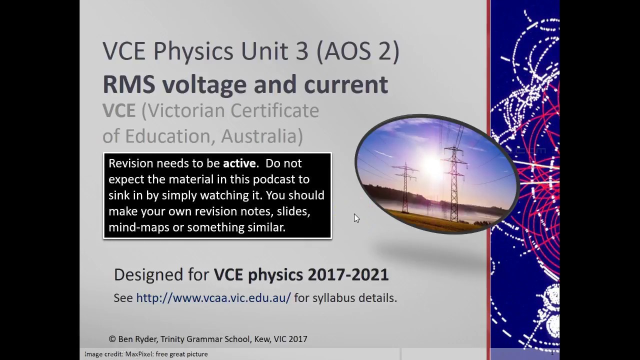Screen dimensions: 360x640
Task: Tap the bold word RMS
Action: [128, 84]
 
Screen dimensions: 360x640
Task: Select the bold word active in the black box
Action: [239, 163]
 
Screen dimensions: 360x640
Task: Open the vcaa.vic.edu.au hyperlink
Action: [213, 298]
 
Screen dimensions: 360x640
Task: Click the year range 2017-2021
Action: [348, 274]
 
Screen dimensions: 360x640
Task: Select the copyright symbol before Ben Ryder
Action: [112, 339]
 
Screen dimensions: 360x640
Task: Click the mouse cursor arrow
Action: [356, 218]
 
